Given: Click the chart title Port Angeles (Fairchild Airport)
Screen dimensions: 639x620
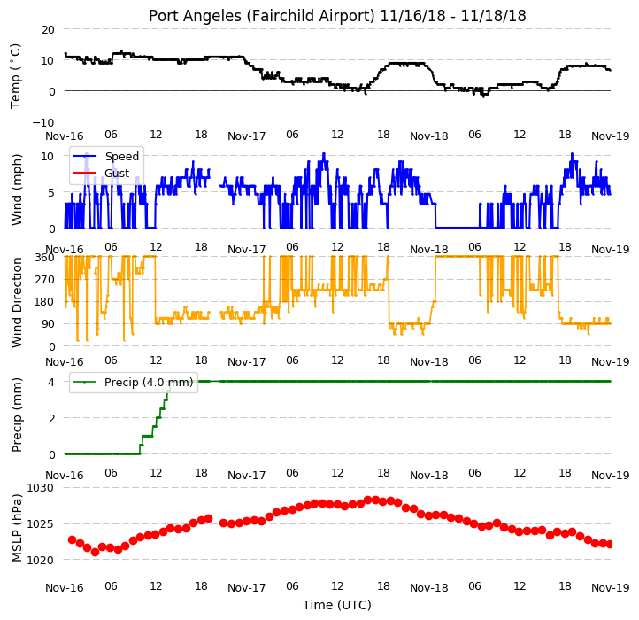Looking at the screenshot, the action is (x=262, y=16).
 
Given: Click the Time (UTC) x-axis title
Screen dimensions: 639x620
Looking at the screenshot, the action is (x=337, y=605).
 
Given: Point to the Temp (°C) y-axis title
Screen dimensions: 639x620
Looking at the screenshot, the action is (x=15, y=76).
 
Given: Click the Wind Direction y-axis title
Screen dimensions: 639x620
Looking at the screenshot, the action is (x=17, y=302).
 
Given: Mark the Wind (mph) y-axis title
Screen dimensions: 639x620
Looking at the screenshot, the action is (x=17, y=190).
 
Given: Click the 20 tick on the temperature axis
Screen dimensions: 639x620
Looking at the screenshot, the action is (x=48, y=30).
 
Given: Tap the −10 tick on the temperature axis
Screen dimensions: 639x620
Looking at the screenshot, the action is (x=43, y=122).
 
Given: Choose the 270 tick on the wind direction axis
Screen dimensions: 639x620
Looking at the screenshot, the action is (x=45, y=280).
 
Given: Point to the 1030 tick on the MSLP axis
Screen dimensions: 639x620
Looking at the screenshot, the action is (x=41, y=488).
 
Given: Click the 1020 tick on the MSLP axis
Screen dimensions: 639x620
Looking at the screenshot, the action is (x=41, y=560).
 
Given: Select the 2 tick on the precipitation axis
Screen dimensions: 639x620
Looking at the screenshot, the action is (x=51, y=418).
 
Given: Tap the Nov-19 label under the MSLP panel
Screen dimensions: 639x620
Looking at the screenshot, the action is (x=611, y=588).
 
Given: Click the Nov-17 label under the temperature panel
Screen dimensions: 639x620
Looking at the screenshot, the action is (x=247, y=136).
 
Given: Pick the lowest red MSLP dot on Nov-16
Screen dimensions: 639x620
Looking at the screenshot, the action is (x=96, y=553).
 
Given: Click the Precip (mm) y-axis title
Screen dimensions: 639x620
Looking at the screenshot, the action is (x=17, y=415).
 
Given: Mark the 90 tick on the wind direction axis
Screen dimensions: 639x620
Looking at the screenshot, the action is (x=49, y=324).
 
